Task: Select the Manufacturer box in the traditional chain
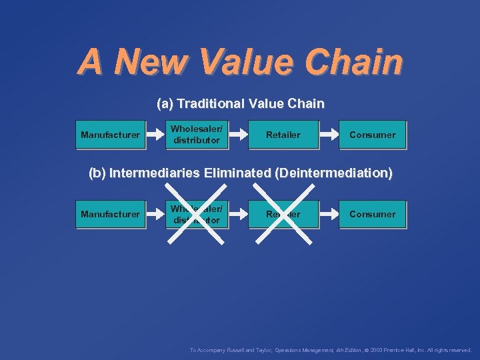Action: click(110, 135)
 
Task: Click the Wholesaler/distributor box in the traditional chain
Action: click(197, 135)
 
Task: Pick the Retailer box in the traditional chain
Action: click(283, 135)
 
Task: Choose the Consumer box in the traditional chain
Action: click(372, 135)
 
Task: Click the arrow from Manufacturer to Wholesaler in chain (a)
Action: click(155, 135)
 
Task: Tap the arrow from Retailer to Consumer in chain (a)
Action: click(329, 135)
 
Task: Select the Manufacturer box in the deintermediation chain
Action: click(110, 214)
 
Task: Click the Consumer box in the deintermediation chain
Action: click(372, 214)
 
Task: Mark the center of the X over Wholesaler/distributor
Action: click(197, 214)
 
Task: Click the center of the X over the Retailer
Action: click(283, 214)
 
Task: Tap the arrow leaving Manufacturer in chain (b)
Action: click(155, 214)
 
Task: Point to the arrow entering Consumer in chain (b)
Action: click(329, 214)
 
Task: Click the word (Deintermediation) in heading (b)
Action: click(333, 173)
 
